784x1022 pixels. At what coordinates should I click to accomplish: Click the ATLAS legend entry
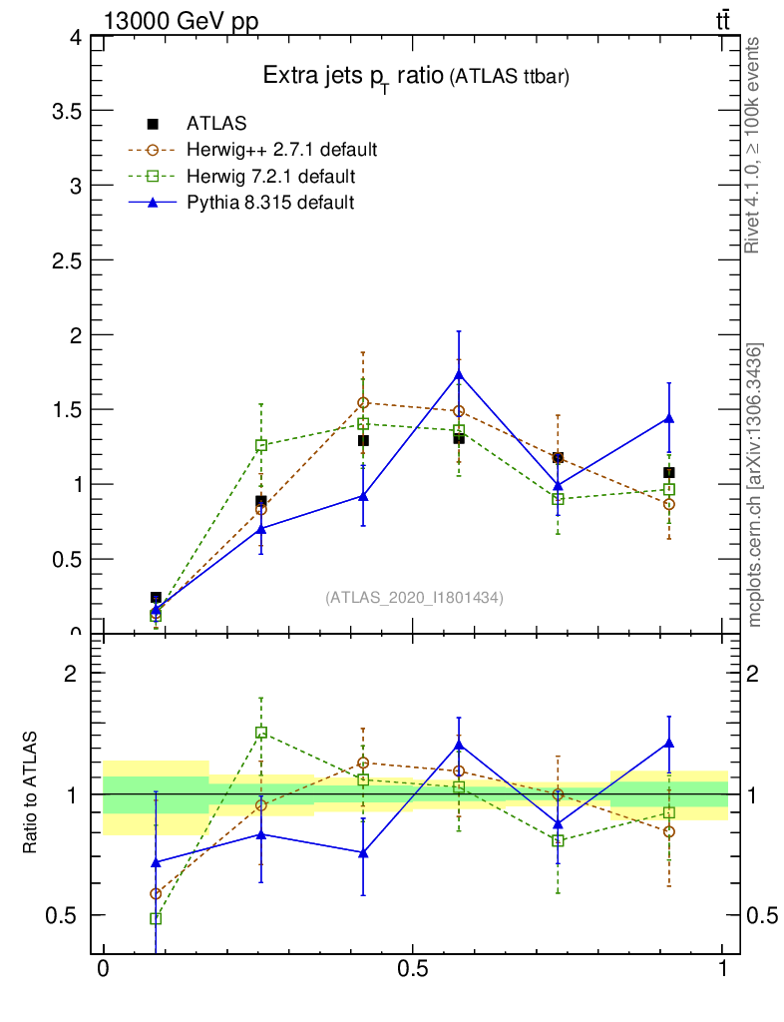click(216, 124)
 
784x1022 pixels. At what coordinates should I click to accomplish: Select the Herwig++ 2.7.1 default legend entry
click(281, 151)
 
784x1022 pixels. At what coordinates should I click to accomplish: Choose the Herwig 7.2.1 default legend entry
click(270, 177)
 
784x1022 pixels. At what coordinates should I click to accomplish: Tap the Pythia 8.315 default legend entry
click(269, 203)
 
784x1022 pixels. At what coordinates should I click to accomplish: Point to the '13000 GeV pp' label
click(181, 21)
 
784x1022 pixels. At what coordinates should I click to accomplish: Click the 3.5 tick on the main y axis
click(64, 111)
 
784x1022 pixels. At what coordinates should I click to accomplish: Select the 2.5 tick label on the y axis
click(64, 260)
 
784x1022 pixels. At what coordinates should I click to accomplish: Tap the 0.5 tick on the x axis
click(412, 969)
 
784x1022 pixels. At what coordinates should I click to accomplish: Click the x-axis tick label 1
click(723, 969)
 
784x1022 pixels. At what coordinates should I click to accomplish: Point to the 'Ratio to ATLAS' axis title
click(30, 793)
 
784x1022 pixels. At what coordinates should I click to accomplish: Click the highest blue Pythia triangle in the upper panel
click(459, 374)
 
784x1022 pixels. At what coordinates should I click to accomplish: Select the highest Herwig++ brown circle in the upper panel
click(363, 403)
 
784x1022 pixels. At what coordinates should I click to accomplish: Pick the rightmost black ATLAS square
click(669, 472)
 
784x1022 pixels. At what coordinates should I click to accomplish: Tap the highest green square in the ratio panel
click(261, 733)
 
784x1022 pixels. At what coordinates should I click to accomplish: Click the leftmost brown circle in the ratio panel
click(156, 894)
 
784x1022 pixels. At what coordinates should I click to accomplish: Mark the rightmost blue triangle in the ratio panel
click(669, 743)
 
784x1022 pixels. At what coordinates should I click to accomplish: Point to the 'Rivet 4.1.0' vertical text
click(754, 145)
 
